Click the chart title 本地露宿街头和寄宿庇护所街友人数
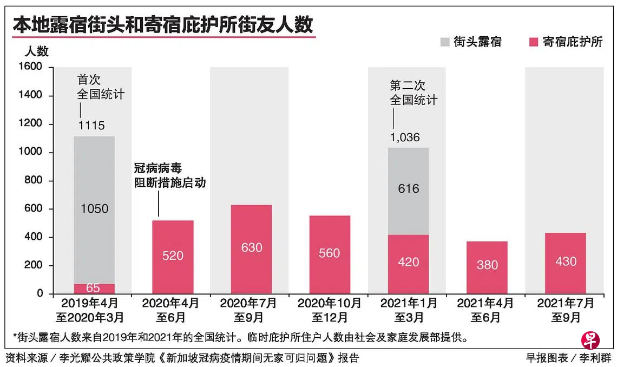pos(163,25)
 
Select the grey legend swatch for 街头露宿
pos(444,42)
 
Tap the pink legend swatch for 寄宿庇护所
pos(533,42)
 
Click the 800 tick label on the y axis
pos(34,181)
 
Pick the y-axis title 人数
pos(37,51)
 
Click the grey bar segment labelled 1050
pos(94,208)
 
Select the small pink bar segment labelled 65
pos(94,289)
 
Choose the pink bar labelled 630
pos(251,249)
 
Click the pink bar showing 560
pos(330,254)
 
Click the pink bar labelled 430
pos(565,263)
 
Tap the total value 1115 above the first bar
pos(91,126)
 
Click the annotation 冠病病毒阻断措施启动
pos(169,176)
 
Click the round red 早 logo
pos(590,339)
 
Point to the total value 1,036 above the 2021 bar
pos(405,137)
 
